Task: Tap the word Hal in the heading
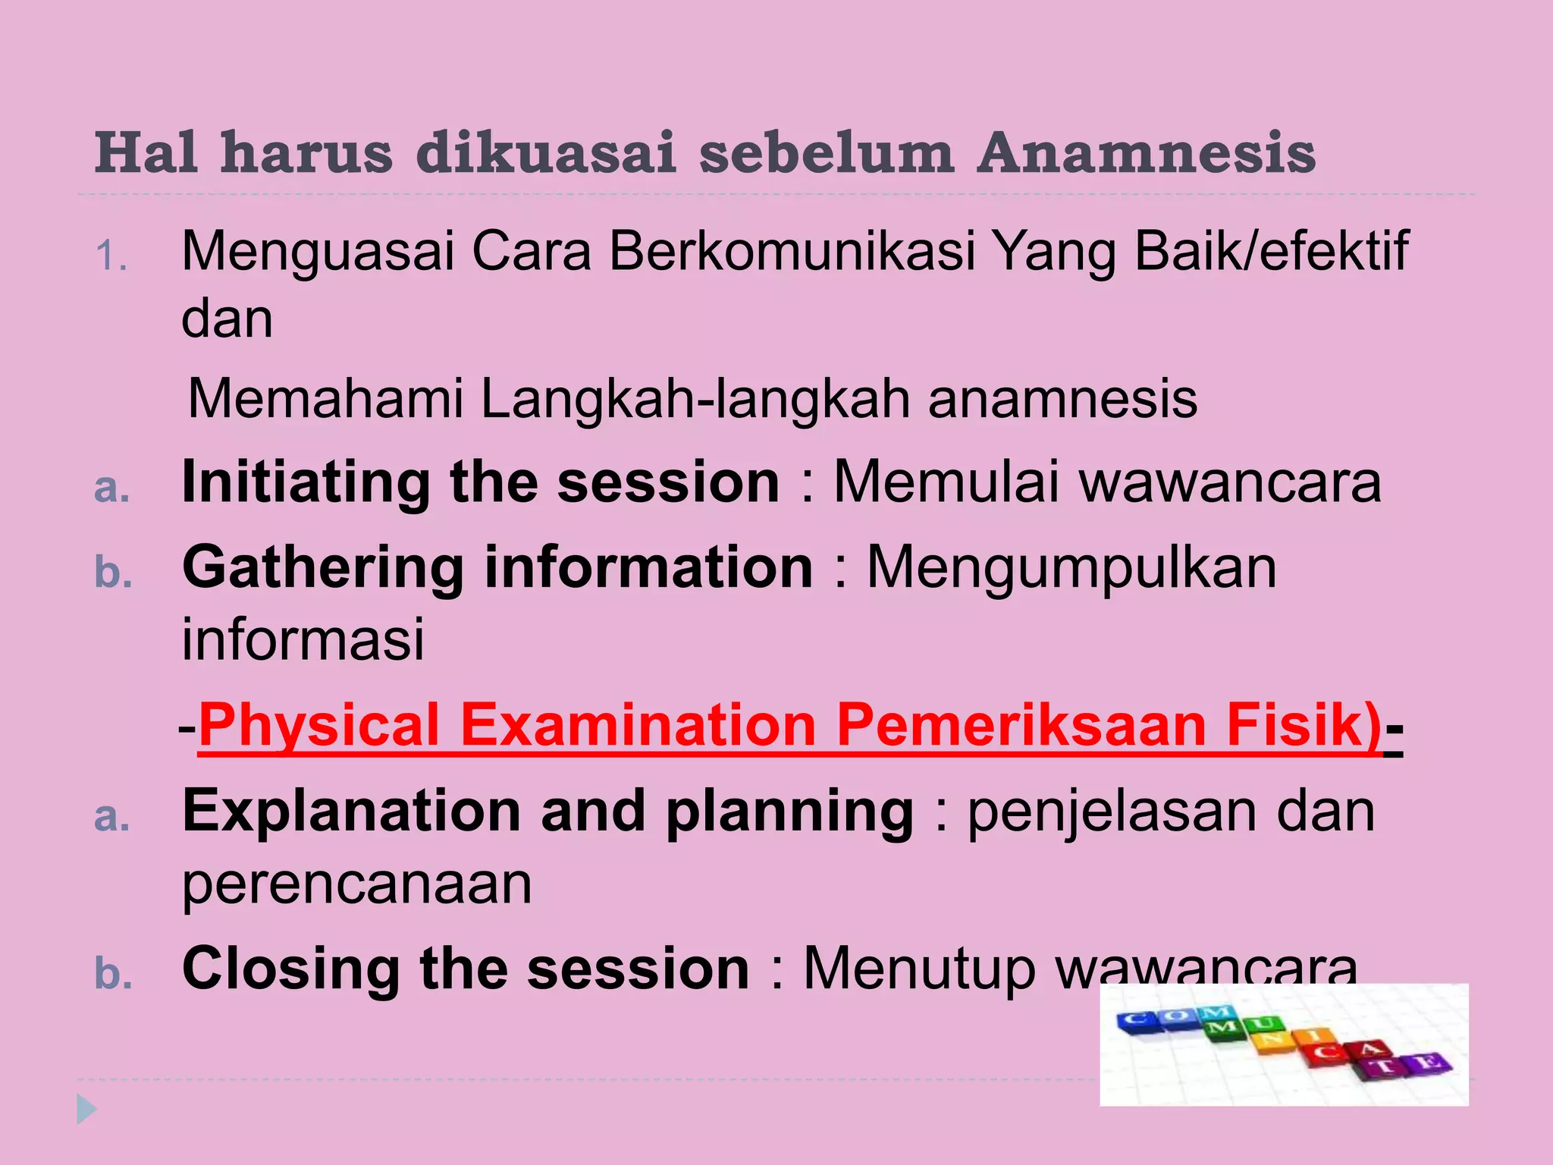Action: [x=146, y=154]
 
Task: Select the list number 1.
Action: [x=111, y=256]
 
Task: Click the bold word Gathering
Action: [x=324, y=568]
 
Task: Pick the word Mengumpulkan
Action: [x=1071, y=568]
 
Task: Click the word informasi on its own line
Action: [x=303, y=639]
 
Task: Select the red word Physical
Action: [x=319, y=726]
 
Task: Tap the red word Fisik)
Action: [x=1304, y=726]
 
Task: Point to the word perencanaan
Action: [x=357, y=884]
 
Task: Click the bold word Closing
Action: [x=292, y=969]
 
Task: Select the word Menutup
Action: [x=919, y=969]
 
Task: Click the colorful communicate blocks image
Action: [x=1284, y=1044]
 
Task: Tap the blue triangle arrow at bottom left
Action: [x=86, y=1110]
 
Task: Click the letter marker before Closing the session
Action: [x=113, y=974]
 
